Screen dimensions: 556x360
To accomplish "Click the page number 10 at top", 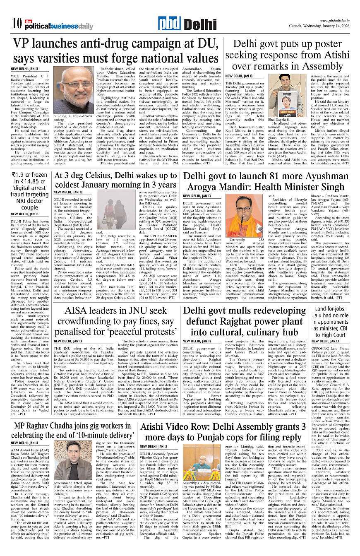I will pos(17,24).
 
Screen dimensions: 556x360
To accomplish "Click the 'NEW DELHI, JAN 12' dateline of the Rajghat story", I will pos(197,341).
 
